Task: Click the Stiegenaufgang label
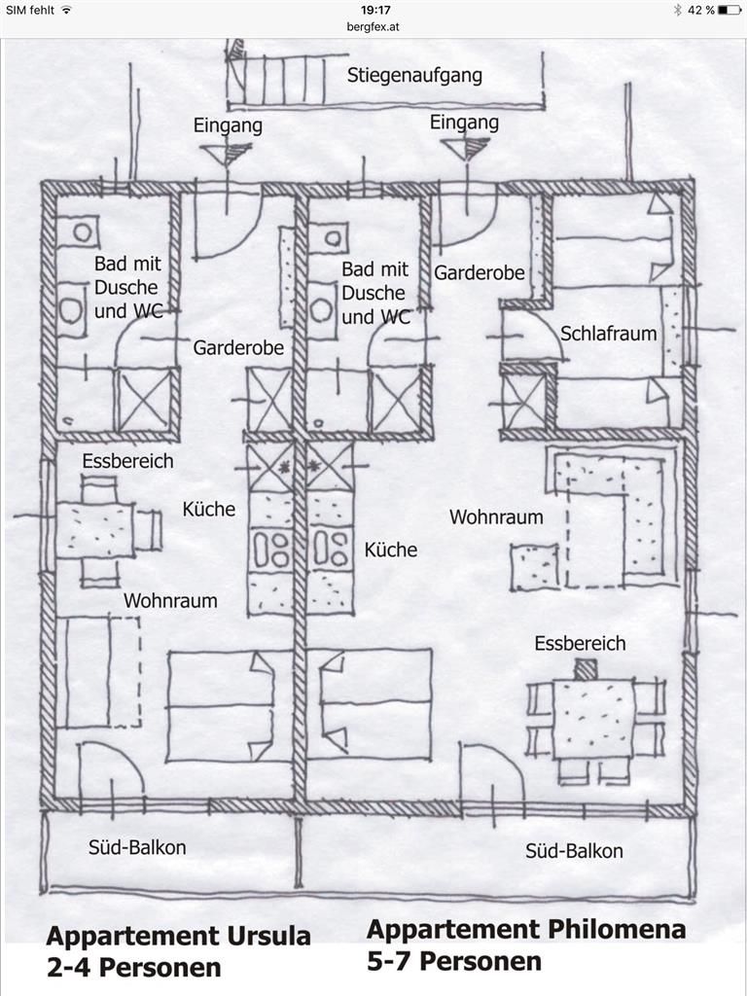click(414, 76)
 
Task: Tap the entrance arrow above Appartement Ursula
click(226, 154)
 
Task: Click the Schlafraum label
click(608, 334)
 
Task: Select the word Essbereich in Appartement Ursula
click(127, 461)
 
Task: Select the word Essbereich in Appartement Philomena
click(580, 644)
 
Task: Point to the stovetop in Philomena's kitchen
click(331, 549)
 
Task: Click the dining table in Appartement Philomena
click(593, 718)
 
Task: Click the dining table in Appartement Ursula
click(95, 530)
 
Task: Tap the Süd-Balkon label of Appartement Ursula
click(137, 847)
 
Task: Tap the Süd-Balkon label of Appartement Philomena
click(574, 851)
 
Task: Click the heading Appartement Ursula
click(179, 937)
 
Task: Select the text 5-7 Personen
click(453, 961)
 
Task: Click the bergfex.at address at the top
click(373, 27)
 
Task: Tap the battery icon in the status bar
click(729, 10)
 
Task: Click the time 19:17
click(374, 10)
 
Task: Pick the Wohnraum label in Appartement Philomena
click(496, 517)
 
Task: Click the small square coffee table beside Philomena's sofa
click(535, 567)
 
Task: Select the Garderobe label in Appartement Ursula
click(238, 348)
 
